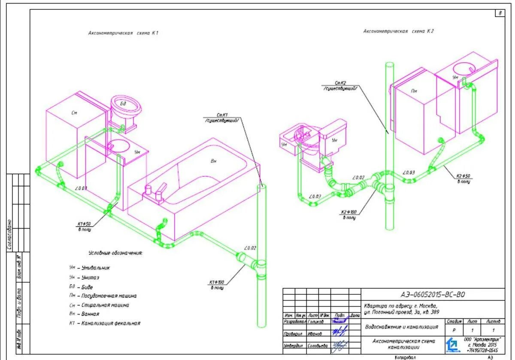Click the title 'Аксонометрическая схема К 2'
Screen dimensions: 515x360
tap(399, 31)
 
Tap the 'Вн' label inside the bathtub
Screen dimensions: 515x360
tap(214, 161)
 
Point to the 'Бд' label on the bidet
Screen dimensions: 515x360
tap(123, 104)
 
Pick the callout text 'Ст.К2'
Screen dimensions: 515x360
tap(340, 83)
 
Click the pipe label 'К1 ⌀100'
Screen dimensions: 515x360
tap(218, 282)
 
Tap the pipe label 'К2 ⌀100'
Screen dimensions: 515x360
tap(349, 212)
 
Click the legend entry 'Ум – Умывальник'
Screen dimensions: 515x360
tap(90, 268)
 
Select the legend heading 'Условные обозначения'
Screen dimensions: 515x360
tap(115, 253)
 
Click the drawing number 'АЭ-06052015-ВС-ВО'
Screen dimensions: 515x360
tap(432, 294)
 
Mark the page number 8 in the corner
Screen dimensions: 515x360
tap(500, 13)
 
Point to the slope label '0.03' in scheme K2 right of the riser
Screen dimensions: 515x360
tap(409, 172)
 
